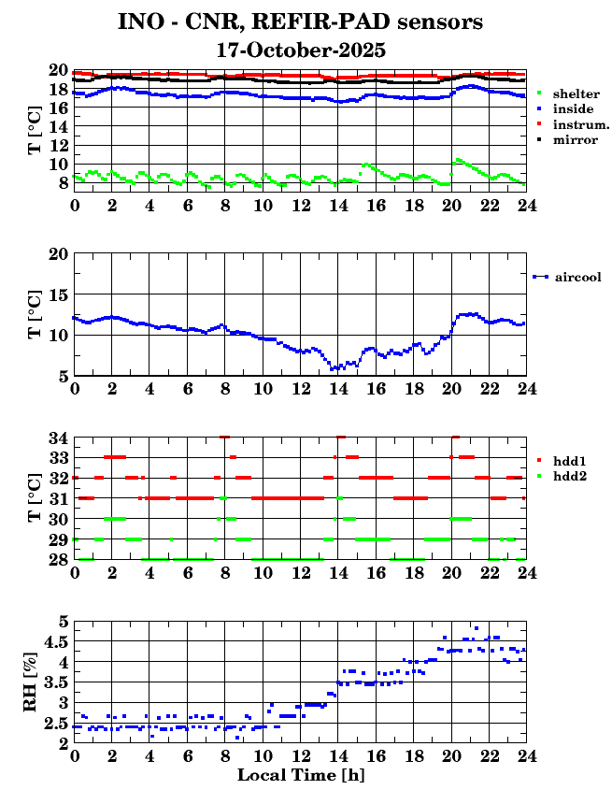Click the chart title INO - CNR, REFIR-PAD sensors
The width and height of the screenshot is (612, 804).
(x=301, y=21)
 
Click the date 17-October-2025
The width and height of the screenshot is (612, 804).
(x=301, y=50)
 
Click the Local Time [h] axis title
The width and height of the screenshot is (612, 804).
(x=300, y=776)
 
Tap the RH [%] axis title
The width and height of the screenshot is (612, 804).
(x=31, y=682)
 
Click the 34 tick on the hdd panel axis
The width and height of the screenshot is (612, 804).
(x=58, y=438)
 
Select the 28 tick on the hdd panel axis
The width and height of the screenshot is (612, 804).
(x=58, y=559)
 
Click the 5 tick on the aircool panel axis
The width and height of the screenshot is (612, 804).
(x=63, y=376)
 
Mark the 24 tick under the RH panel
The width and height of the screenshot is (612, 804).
(x=527, y=755)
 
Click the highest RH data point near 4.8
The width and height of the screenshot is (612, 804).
(x=477, y=628)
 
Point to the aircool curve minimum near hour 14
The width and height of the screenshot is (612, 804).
(x=333, y=369)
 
